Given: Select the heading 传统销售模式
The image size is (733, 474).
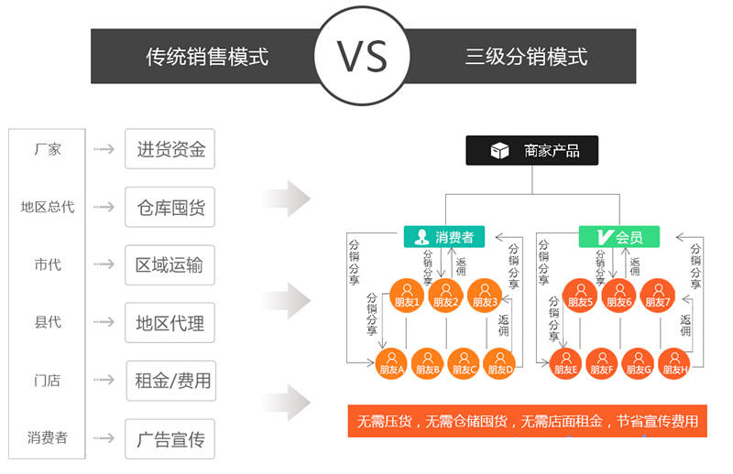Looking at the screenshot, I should pyautogui.click(x=207, y=57).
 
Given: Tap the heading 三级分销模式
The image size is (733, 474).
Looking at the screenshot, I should pyautogui.click(x=526, y=57).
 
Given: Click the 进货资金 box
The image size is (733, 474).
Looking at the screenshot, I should pyautogui.click(x=170, y=149).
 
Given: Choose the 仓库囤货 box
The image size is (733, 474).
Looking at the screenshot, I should pyautogui.click(x=170, y=208).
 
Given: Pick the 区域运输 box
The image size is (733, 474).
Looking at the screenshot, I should pyautogui.click(x=170, y=265).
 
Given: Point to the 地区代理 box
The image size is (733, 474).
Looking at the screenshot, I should pyautogui.click(x=170, y=323).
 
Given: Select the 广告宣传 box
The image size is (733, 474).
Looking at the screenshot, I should pyautogui.click(x=170, y=439).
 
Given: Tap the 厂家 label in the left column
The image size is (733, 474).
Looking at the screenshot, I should pyautogui.click(x=47, y=149).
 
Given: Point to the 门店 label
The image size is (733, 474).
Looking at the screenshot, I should pyautogui.click(x=47, y=381).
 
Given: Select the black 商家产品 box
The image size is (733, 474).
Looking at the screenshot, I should pyautogui.click(x=532, y=150).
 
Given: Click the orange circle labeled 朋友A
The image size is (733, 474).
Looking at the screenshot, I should pyautogui.click(x=391, y=362).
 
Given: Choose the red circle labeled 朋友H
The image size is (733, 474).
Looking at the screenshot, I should pyautogui.click(x=673, y=362).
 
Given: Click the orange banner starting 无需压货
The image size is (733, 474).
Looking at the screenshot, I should pyautogui.click(x=528, y=422).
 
